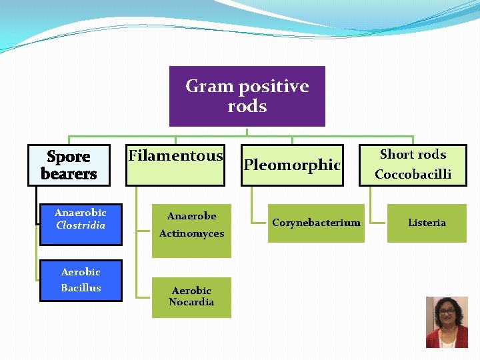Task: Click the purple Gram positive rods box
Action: point(247,96)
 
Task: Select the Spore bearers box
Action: point(68,165)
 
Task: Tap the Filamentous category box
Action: point(175,165)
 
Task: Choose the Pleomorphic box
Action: point(292,165)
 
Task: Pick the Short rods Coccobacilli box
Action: point(413,165)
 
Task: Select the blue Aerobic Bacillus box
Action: point(81,281)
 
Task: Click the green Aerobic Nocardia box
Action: point(191,297)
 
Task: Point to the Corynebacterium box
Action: point(316,223)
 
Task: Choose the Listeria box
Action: point(427,223)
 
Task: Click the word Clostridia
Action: point(81,226)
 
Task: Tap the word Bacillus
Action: point(81,288)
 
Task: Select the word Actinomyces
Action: point(191,234)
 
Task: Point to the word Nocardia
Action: point(191,303)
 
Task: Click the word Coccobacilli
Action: point(413,175)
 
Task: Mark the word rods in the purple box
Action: point(247,107)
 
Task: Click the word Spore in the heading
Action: point(68,157)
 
